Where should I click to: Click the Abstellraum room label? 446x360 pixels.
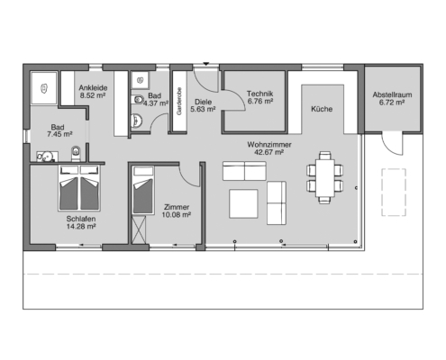click(x=392, y=94)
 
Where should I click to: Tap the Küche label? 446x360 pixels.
click(x=322, y=109)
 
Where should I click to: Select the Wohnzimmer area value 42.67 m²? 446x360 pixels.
click(x=269, y=152)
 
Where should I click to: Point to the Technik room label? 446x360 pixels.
click(x=259, y=94)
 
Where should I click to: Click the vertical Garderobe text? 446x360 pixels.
click(x=179, y=102)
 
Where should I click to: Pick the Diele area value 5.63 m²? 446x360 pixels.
click(x=203, y=110)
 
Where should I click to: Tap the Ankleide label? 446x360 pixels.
click(x=93, y=88)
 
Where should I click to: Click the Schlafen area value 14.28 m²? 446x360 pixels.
click(x=81, y=227)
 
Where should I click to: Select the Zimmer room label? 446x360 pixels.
click(x=177, y=207)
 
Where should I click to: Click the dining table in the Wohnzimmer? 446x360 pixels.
click(x=325, y=177)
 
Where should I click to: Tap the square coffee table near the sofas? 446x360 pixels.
click(x=243, y=203)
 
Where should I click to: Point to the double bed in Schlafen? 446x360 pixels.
click(x=79, y=188)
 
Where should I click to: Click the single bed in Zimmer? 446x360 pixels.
click(x=143, y=190)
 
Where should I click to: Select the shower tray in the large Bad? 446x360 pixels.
click(x=44, y=88)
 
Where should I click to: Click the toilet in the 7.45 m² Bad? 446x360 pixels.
click(x=76, y=153)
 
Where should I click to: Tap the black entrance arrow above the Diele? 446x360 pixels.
click(x=205, y=64)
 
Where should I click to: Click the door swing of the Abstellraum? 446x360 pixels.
click(x=392, y=145)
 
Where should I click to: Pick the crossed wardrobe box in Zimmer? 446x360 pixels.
click(x=139, y=229)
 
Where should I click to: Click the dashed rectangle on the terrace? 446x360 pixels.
click(x=394, y=193)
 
